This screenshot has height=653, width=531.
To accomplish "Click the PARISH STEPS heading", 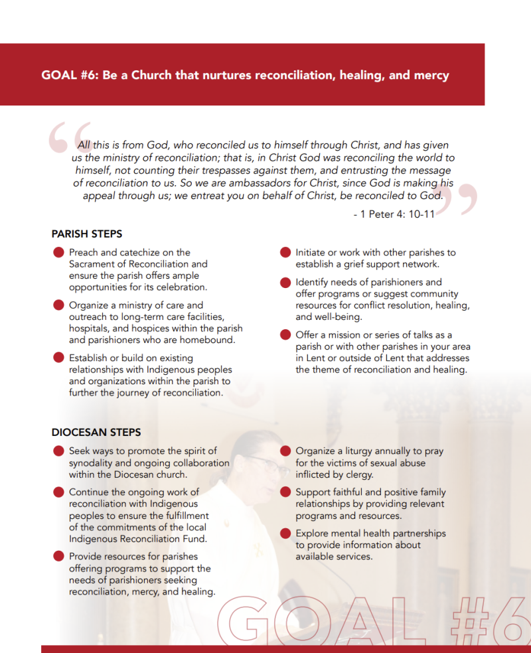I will pyautogui.click(x=87, y=234).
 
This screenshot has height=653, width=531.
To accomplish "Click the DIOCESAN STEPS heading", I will pyautogui.click(x=96, y=432).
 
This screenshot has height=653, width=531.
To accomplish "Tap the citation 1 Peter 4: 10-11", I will pyautogui.click(x=394, y=214).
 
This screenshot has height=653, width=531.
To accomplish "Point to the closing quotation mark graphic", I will pyautogui.click(x=457, y=197).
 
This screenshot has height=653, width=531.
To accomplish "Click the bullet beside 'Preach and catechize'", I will pyautogui.click(x=58, y=253).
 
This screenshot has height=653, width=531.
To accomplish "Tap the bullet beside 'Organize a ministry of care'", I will pyautogui.click(x=58, y=306).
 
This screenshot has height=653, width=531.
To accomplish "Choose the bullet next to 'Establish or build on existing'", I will pyautogui.click(x=58, y=358).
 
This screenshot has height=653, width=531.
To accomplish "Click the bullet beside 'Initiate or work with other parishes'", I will pyautogui.click(x=285, y=253).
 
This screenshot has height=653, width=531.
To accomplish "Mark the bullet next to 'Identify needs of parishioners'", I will pyautogui.click(x=285, y=283).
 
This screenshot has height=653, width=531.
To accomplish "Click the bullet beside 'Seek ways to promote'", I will pyautogui.click(x=58, y=451).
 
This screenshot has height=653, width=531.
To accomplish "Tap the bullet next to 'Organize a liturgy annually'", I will pyautogui.click(x=285, y=451).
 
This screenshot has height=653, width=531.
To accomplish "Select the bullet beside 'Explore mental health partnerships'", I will pyautogui.click(x=285, y=534).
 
